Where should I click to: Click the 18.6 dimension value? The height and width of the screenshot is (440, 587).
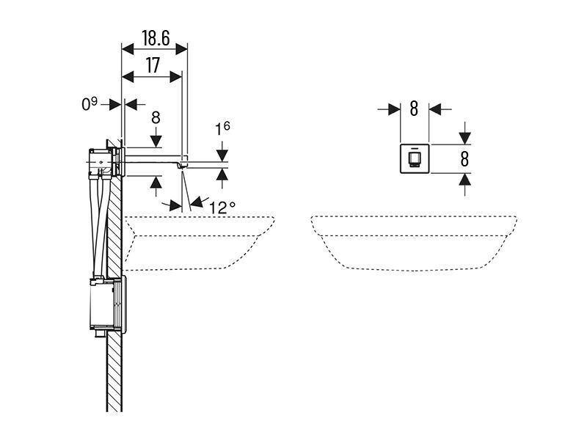click(x=156, y=38)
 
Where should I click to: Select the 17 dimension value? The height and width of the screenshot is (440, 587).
click(x=153, y=66)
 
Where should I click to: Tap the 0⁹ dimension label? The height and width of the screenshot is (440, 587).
click(x=89, y=103)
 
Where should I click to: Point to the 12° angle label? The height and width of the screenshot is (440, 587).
click(x=222, y=208)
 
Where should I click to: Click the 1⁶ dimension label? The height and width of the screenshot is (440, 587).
click(x=222, y=129)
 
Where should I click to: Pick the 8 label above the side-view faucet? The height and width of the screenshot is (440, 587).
click(x=156, y=117)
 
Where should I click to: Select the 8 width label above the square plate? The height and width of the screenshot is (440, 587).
click(x=414, y=109)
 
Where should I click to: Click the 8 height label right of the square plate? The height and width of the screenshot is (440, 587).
click(x=464, y=159)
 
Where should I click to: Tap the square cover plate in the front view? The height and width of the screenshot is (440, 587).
click(x=415, y=158)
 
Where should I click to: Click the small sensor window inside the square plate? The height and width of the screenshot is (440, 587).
click(x=414, y=159)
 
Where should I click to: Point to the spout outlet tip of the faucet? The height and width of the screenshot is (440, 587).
click(x=183, y=167)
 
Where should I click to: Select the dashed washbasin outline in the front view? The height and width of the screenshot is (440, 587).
click(x=414, y=243)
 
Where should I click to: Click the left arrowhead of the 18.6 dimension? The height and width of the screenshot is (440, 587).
click(x=128, y=48)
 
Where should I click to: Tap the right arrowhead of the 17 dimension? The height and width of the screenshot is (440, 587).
click(x=176, y=77)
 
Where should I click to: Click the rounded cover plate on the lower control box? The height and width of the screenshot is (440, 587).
click(x=123, y=304)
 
